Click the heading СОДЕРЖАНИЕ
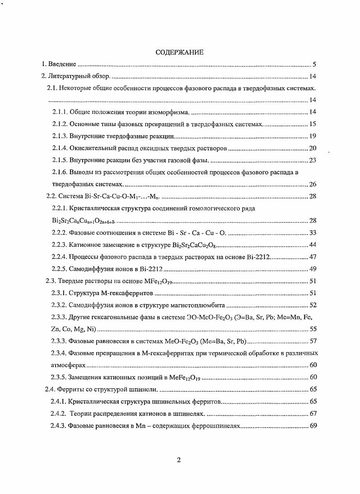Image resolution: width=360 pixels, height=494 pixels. (x=180, y=52)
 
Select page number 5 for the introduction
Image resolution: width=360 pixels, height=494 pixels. (x=314, y=64)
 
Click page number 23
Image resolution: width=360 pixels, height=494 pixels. (x=312, y=160)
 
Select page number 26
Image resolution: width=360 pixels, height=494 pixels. (x=312, y=184)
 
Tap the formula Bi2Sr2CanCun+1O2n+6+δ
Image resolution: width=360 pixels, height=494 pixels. (x=84, y=221)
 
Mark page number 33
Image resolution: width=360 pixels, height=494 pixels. (x=312, y=233)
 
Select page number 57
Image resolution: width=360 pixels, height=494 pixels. (x=312, y=341)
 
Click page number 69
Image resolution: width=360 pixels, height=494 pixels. (x=312, y=426)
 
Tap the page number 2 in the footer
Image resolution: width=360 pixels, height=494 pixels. (x=179, y=460)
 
